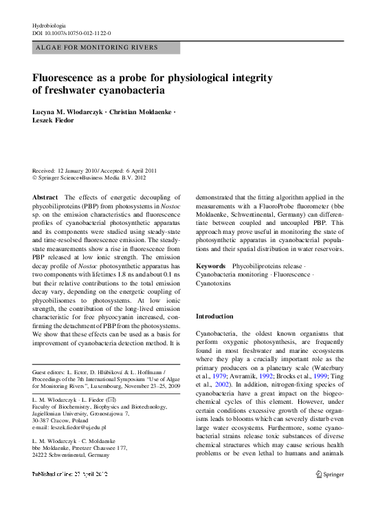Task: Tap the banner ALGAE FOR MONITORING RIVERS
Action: [x=96, y=47]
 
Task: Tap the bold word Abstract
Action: [x=45, y=197]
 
